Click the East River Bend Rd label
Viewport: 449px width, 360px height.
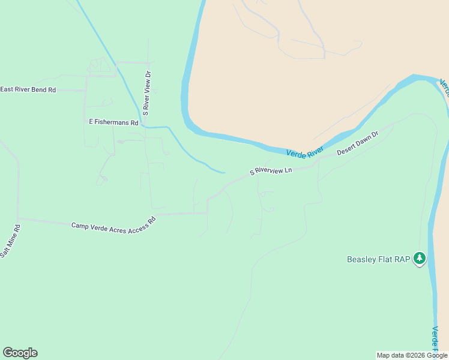pyautogui.click(x=28, y=89)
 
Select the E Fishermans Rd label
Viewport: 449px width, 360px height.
pyautogui.click(x=113, y=122)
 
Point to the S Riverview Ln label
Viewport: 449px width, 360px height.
pyautogui.click(x=271, y=171)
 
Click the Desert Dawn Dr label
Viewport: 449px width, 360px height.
pyautogui.click(x=358, y=143)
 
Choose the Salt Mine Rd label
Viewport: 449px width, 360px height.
pyautogui.click(x=10, y=241)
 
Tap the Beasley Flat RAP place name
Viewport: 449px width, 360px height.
pyautogui.click(x=378, y=260)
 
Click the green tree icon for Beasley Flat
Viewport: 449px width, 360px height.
pyautogui.click(x=420, y=259)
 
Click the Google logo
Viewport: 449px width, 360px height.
pyautogui.click(x=20, y=353)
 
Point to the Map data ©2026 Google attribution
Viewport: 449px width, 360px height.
pyautogui.click(x=412, y=355)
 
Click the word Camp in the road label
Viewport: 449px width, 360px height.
pyautogui.click(x=80, y=226)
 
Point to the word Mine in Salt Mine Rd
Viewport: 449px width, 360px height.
pyautogui.click(x=11, y=241)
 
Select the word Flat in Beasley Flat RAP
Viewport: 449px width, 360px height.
pyautogui.click(x=387, y=260)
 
